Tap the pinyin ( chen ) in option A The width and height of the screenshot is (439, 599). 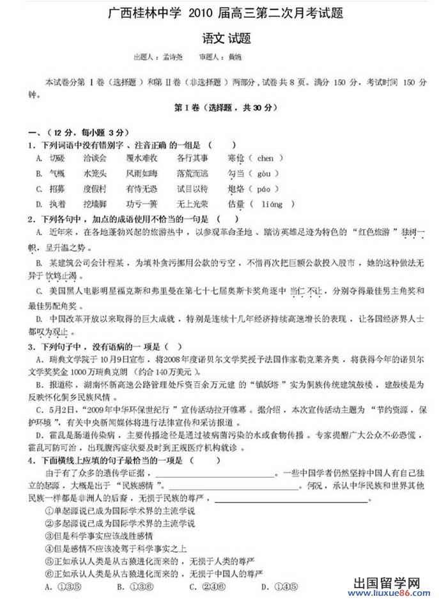(265, 158)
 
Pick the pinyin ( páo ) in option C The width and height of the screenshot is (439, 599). (264, 189)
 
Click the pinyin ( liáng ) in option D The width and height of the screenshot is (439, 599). (273, 204)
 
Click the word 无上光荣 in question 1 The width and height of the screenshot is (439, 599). (192, 204)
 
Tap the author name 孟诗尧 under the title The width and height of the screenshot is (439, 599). (171, 57)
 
